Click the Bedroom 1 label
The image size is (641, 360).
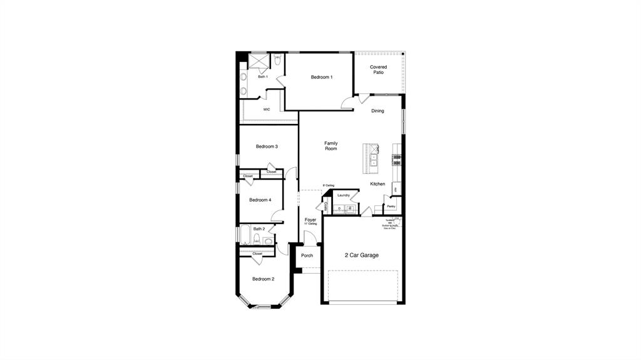pyautogui.click(x=322, y=77)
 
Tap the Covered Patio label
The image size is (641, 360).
pyautogui.click(x=378, y=69)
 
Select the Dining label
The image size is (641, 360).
pyautogui.click(x=377, y=111)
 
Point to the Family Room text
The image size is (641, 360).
pyautogui.click(x=331, y=146)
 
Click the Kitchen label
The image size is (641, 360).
pyautogui.click(x=377, y=184)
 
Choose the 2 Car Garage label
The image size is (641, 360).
pyautogui.click(x=362, y=255)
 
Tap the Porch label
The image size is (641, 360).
pyautogui.click(x=307, y=255)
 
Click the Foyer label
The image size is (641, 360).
pyautogui.click(x=310, y=220)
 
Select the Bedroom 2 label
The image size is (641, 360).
pyautogui.click(x=263, y=279)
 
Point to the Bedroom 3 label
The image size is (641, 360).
pyautogui.click(x=267, y=147)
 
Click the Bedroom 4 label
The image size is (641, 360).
pyautogui.click(x=260, y=200)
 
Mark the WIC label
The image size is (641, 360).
pyautogui.click(x=267, y=110)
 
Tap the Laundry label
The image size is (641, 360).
pyautogui.click(x=343, y=195)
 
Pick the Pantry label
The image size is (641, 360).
pyautogui.click(x=391, y=206)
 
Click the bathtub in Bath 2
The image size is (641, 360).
pyautogui.click(x=244, y=235)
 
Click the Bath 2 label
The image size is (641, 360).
pyautogui.click(x=259, y=229)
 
